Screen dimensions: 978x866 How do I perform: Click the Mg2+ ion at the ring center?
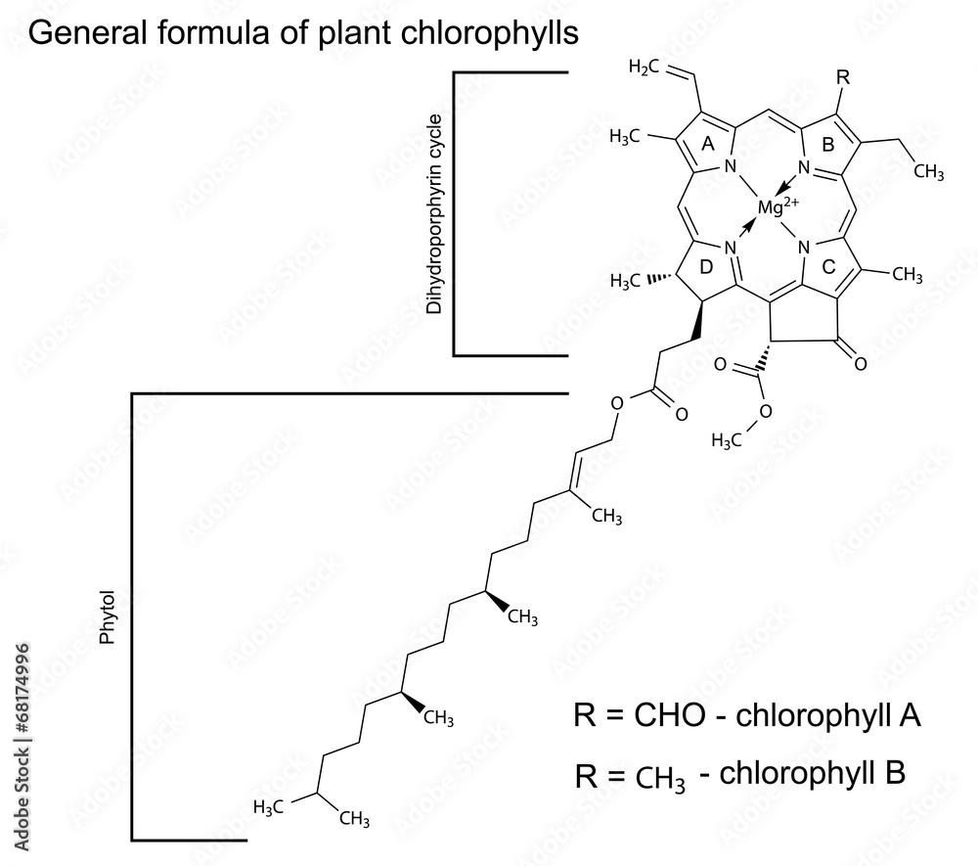point(778,205)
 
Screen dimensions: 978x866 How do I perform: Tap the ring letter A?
point(709,143)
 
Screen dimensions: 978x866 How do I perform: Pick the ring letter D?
point(709,267)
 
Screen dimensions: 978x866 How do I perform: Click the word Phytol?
point(108,616)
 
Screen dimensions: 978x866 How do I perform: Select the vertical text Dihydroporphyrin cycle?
point(434,214)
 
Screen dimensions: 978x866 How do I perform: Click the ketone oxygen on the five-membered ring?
point(861,365)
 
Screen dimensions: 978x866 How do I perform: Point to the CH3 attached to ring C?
point(907,276)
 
